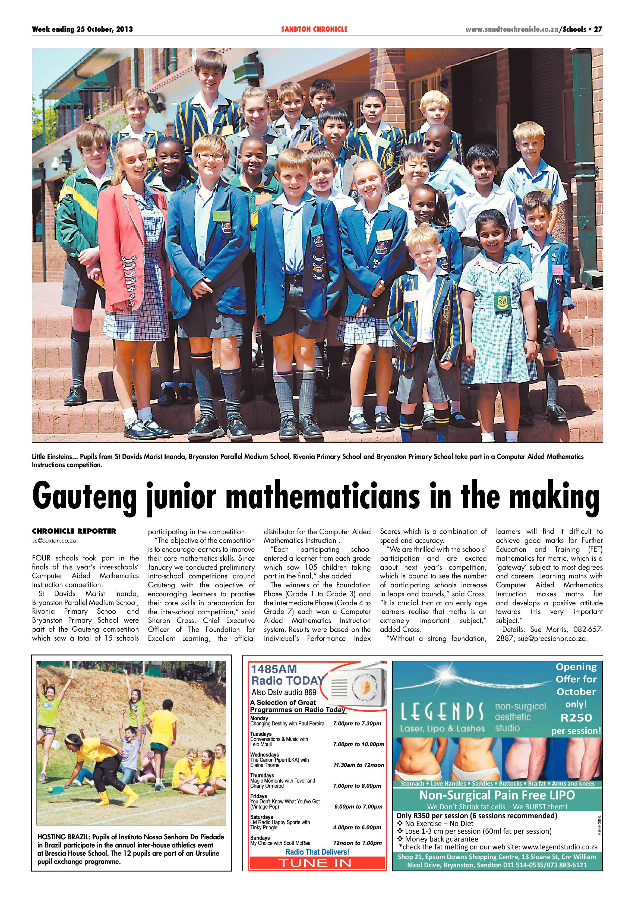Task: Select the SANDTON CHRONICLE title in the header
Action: click(314, 29)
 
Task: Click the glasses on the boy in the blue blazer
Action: click(211, 156)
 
